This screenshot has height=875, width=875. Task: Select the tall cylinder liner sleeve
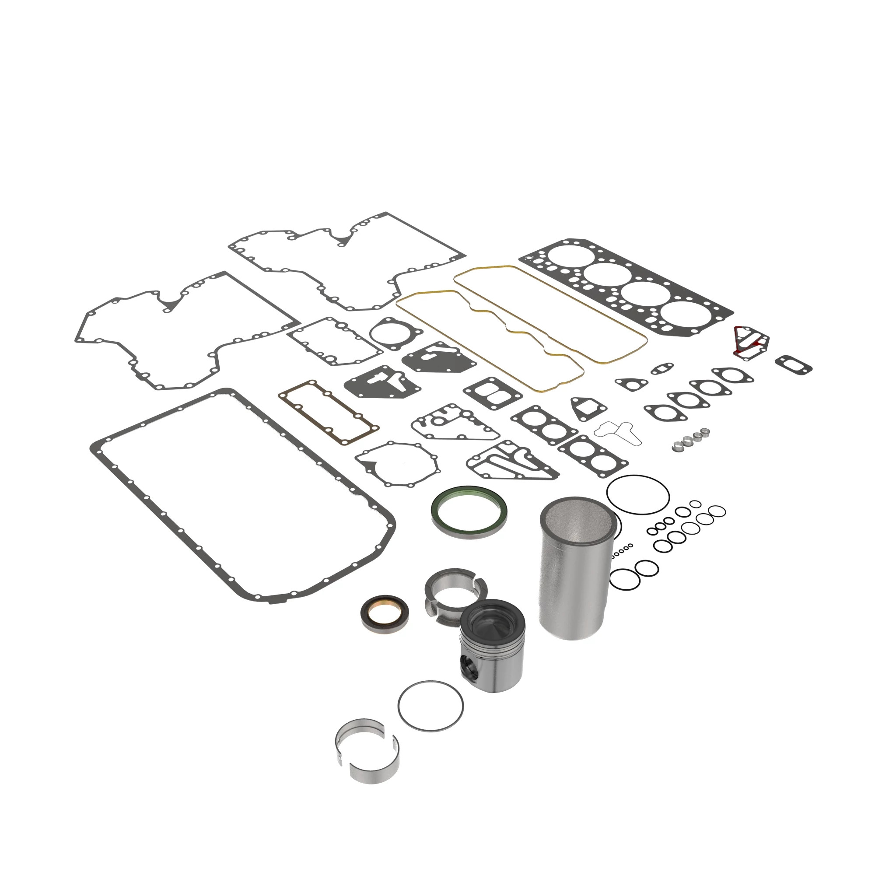(x=574, y=584)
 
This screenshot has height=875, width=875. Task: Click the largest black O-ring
(x=638, y=494)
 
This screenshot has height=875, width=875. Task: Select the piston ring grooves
(x=493, y=646)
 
